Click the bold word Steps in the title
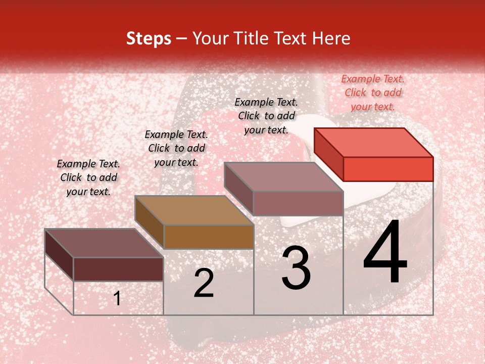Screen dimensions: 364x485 (x=149, y=38)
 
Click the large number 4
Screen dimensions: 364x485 (x=385, y=253)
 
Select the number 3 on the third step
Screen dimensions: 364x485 (x=296, y=268)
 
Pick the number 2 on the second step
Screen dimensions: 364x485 (x=204, y=284)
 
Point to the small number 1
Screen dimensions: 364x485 (x=117, y=298)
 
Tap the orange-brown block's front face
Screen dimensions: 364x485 (x=209, y=237)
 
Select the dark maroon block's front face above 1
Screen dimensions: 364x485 (x=118, y=269)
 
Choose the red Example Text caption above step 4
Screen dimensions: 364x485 (x=373, y=93)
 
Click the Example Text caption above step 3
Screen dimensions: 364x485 (x=266, y=116)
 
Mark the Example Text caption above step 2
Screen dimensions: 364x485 (x=176, y=148)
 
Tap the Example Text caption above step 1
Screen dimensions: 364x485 (x=88, y=177)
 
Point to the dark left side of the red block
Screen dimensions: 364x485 (x=329, y=154)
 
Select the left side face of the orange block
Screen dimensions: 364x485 (x=150, y=222)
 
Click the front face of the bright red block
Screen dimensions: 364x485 (x=388, y=169)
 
